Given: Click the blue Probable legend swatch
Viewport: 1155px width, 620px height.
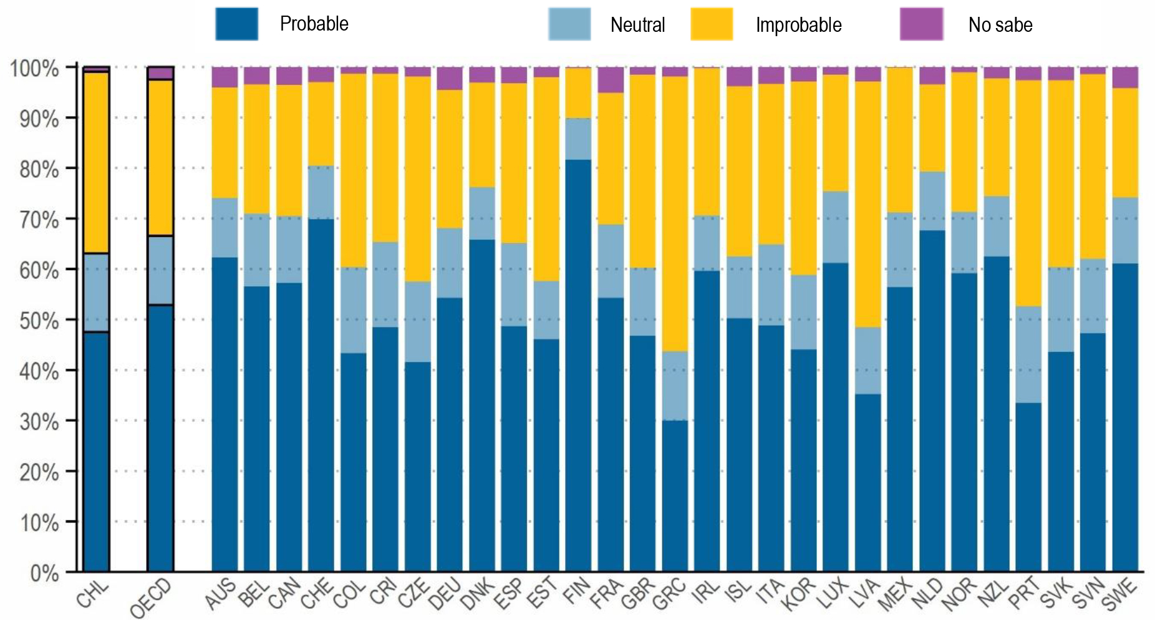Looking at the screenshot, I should pyautogui.click(x=236, y=24).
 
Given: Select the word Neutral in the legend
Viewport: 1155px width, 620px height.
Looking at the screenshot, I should pyautogui.click(x=637, y=25).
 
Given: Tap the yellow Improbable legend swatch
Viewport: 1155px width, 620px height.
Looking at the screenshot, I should pyautogui.click(x=712, y=24).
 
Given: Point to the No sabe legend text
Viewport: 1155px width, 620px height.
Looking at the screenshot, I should pyautogui.click(x=1000, y=25).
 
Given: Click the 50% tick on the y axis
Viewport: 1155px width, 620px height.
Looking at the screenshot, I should pyautogui.click(x=39, y=321).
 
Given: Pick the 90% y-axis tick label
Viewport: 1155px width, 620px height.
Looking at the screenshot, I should pyautogui.click(x=39, y=119).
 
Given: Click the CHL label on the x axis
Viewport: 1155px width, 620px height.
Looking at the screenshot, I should pyautogui.click(x=92, y=594).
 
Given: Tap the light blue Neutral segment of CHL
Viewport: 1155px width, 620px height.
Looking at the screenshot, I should pyautogui.click(x=96, y=293).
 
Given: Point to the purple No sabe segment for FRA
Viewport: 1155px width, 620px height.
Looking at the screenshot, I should pyautogui.click(x=611, y=80).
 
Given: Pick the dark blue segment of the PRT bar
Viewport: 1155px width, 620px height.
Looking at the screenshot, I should pyautogui.click(x=1028, y=487).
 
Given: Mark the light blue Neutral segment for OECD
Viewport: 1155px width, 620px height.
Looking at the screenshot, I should pyautogui.click(x=160, y=270).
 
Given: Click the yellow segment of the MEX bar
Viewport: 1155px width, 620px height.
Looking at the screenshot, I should pyautogui.click(x=899, y=140).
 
